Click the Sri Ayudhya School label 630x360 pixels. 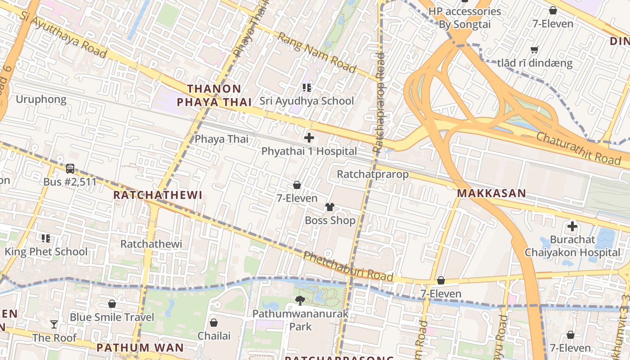[306, 101]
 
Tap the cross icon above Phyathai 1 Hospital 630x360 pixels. [309, 138]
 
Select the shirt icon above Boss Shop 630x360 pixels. [330, 207]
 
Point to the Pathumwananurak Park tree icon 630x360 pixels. [300, 300]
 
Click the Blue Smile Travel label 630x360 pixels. [112, 317]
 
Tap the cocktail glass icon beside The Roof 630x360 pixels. [54, 324]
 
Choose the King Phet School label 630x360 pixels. [46, 252]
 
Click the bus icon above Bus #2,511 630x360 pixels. [70, 169]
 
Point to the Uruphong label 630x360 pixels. [41, 99]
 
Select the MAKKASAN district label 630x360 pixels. [491, 193]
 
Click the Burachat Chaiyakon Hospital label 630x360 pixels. [572, 246]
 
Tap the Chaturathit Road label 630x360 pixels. [578, 148]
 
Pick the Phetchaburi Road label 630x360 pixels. [348, 266]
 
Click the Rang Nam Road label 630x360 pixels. [317, 52]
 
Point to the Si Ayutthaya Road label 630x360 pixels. [63, 34]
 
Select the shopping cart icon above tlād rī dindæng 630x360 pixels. [534, 50]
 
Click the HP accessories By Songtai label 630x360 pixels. [464, 18]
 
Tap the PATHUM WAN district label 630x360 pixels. [140, 347]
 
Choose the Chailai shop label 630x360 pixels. [214, 336]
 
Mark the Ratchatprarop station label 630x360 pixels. [373, 174]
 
